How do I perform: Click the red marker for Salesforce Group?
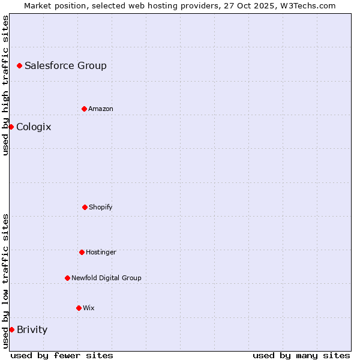point(19,65)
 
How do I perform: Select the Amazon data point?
point(84,109)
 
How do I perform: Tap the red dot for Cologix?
point(11,127)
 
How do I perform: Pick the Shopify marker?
point(85,207)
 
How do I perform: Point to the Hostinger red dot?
point(82,252)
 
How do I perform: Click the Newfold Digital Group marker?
point(67,278)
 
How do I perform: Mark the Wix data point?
point(79,308)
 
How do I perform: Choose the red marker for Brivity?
point(11,329)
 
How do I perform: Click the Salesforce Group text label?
point(65,65)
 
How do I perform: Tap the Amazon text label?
point(100,109)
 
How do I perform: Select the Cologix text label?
point(34,127)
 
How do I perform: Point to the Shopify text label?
point(100,207)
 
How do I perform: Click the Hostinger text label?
point(101,252)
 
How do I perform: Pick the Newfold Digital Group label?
point(106,278)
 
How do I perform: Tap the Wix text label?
point(88,308)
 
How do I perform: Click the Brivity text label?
point(32,329)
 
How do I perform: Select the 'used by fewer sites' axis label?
point(62,355)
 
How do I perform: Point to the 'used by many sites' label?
point(301,355)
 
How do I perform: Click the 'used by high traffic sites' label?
point(5,85)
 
